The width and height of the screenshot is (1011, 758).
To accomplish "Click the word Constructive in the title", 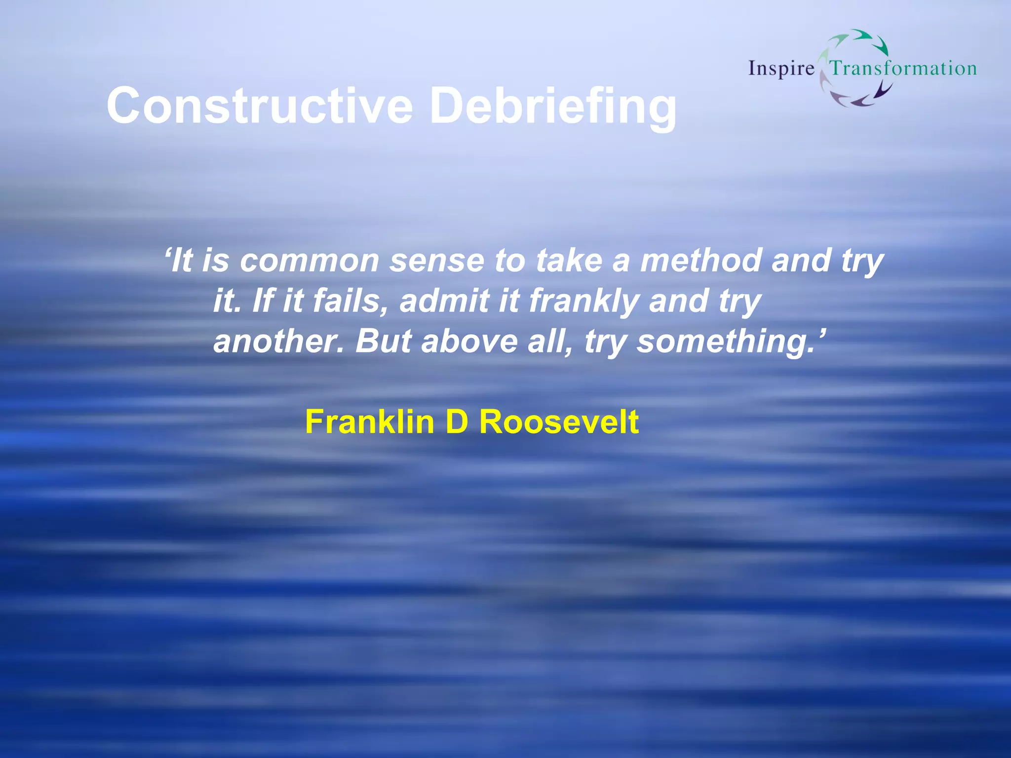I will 260,106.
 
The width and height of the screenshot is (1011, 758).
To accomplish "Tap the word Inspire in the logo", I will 781,69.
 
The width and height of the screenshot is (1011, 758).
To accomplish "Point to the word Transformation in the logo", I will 903,68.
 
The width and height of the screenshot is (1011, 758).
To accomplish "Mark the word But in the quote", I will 383,341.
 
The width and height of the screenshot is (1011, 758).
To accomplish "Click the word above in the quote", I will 469,341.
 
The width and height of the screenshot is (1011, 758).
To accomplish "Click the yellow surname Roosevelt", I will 559,422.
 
